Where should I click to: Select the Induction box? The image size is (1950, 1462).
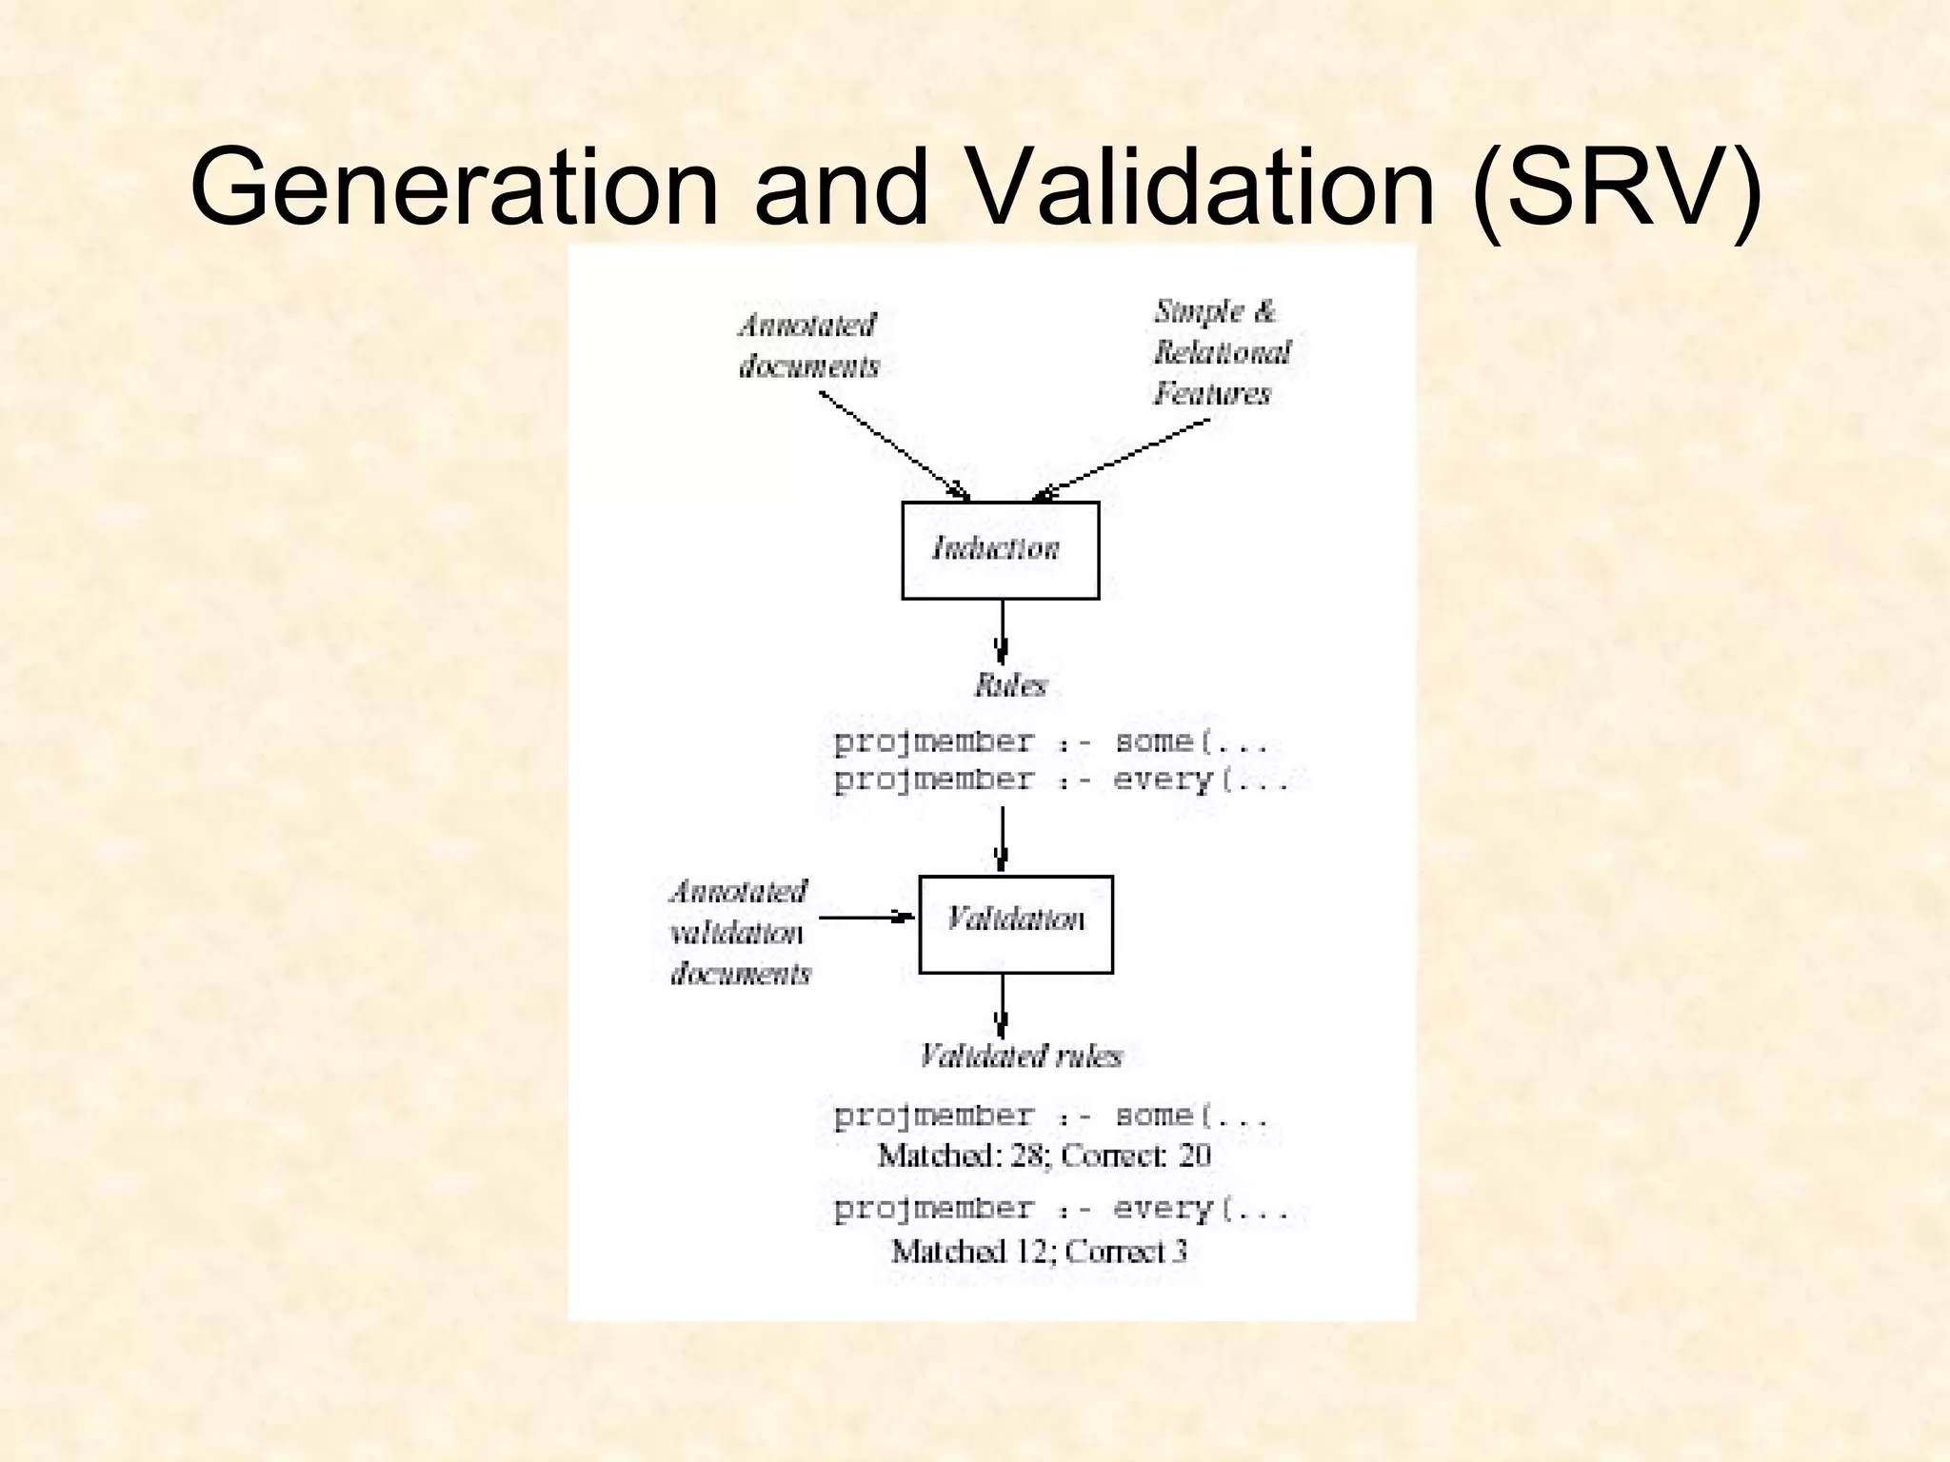tap(1000, 550)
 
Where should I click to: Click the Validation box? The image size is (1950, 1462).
tap(1015, 923)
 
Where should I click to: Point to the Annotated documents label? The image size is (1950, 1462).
tap(808, 346)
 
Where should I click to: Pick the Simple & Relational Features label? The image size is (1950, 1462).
tap(1222, 352)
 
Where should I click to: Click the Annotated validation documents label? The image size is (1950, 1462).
tap(739, 932)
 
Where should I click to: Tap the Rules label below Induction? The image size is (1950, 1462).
tap(1010, 685)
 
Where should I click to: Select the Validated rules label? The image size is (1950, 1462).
tap(1020, 1056)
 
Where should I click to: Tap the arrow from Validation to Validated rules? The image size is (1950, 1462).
tap(1002, 1005)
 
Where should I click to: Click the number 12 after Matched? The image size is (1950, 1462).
tap(1031, 1251)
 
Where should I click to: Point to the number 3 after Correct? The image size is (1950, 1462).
tap(1180, 1251)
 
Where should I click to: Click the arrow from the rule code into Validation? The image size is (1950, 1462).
tap(1002, 838)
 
